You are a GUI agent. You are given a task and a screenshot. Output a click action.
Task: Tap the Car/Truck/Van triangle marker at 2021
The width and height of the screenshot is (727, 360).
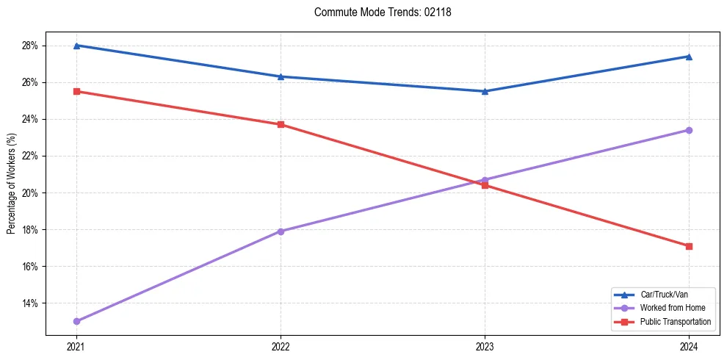pos(76,46)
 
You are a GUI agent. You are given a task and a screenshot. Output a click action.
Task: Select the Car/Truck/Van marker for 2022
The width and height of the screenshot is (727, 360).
pos(281,76)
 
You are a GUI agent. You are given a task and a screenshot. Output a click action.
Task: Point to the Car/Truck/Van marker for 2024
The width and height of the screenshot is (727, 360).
pos(689,57)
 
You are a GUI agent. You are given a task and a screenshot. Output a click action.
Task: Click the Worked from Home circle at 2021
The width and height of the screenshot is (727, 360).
pos(76,321)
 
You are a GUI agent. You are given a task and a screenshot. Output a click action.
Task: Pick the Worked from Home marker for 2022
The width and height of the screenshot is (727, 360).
pos(281,231)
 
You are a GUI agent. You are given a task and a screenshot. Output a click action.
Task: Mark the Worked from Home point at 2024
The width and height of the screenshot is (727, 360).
pos(689,130)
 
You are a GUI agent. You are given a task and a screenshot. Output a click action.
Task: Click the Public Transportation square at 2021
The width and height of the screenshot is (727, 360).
pos(76,91)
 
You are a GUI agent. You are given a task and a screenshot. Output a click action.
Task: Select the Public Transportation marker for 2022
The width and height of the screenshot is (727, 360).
pos(281,124)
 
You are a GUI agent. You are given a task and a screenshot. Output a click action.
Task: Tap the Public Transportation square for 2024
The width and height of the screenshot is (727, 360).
pos(689,246)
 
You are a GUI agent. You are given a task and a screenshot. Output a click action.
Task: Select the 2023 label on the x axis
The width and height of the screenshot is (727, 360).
pos(485,346)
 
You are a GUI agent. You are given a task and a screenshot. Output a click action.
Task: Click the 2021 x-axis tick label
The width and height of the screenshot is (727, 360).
pos(76,346)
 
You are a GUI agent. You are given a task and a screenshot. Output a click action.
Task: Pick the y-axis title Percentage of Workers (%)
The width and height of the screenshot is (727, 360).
pos(11,184)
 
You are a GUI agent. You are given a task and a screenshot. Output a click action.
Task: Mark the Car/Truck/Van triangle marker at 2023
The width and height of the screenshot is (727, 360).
pos(485,91)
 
